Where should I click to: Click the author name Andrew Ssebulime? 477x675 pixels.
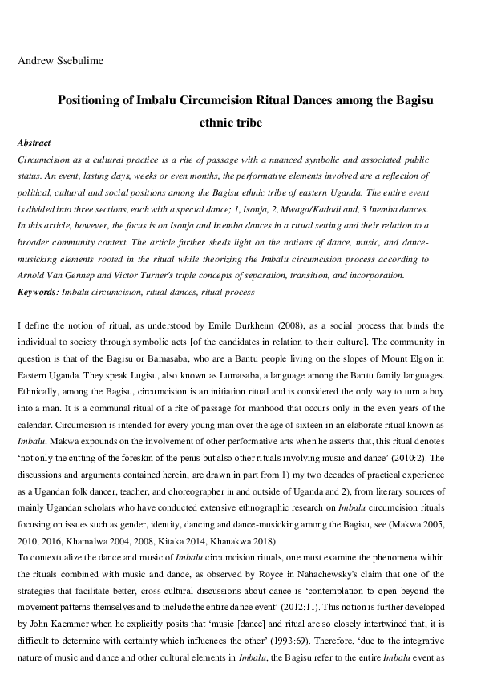pyautogui.click(x=55, y=59)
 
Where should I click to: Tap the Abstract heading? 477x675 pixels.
pyautogui.click(x=34, y=143)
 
